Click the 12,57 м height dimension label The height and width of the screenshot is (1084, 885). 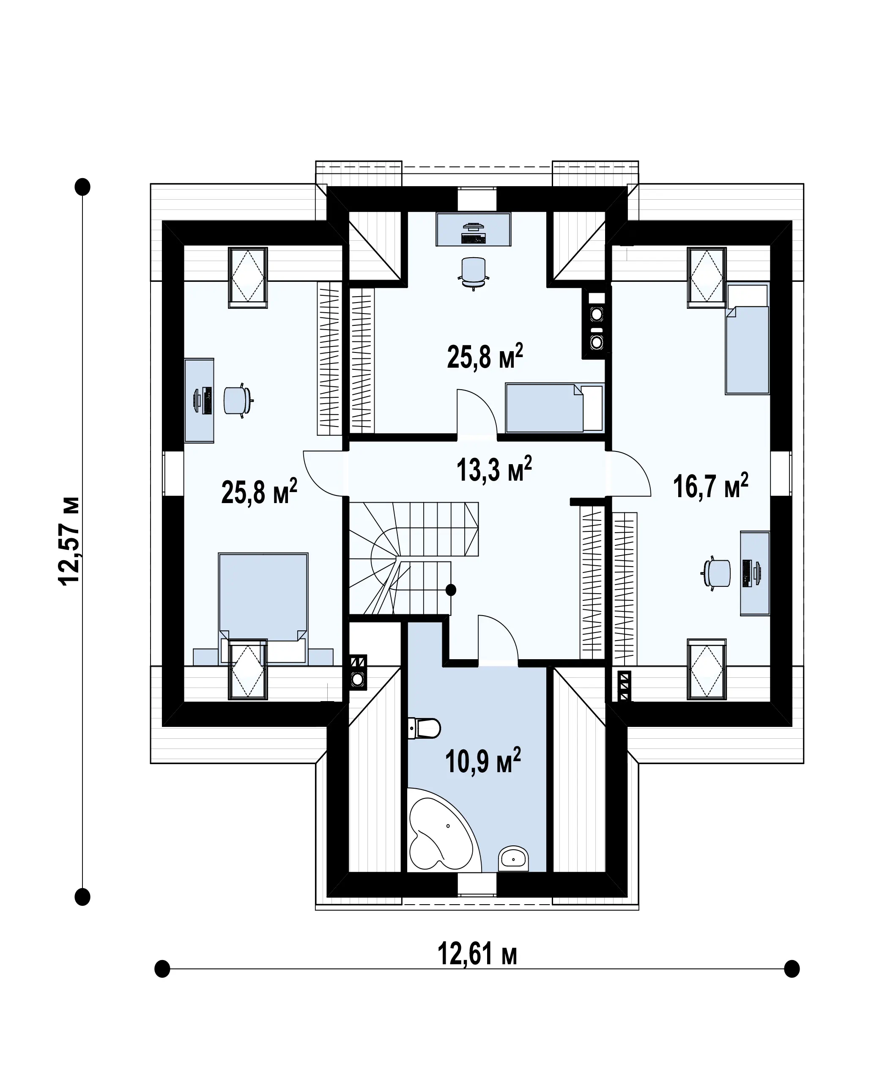click(x=69, y=541)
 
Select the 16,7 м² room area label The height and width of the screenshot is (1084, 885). click(x=711, y=486)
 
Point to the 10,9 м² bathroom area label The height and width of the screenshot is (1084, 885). click(x=483, y=775)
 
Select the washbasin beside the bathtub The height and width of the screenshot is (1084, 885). click(x=513, y=858)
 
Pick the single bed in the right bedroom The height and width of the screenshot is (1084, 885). click(x=747, y=339)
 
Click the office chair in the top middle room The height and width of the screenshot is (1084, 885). click(x=474, y=273)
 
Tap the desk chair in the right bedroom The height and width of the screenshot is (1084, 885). click(x=716, y=574)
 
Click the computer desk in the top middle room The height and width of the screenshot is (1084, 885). click(x=473, y=230)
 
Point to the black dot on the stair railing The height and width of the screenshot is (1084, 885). click(x=451, y=590)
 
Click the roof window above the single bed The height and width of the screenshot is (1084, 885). click(x=706, y=278)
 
